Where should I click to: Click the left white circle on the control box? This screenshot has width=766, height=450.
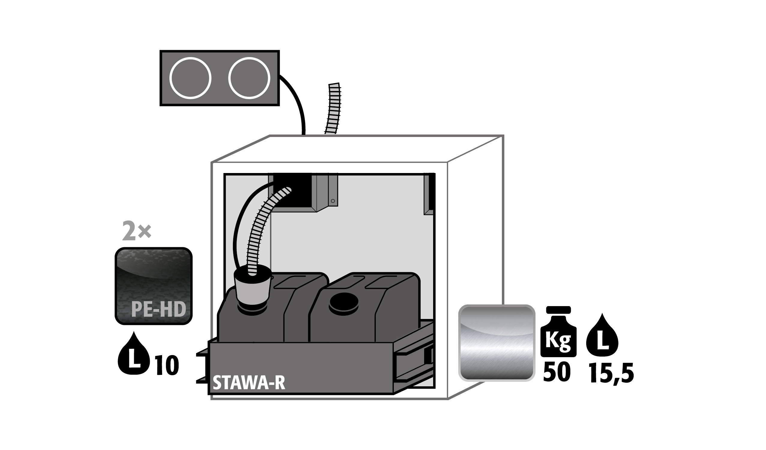coord(190,78)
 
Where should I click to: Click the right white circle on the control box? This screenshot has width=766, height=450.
coord(249,78)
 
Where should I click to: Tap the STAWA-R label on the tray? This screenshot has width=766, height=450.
coord(249,382)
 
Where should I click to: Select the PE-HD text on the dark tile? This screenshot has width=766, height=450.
coord(158,309)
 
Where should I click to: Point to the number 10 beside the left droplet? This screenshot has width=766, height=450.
coord(167,365)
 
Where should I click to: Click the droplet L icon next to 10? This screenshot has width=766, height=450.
coord(134,354)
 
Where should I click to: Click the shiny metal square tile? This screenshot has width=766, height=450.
coord(497,343)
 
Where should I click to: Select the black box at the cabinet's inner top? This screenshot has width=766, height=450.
coord(292,190)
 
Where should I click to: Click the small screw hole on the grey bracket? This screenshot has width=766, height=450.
coord(333,201)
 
